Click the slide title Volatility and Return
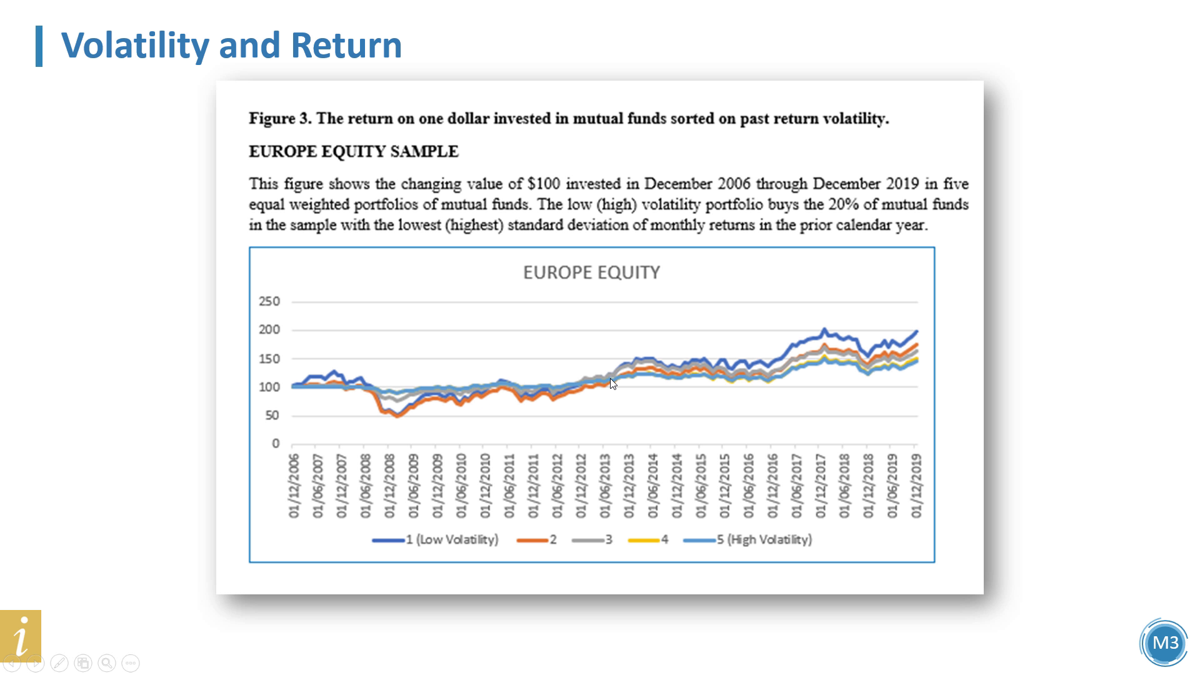coord(231,45)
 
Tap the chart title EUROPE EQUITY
coord(591,272)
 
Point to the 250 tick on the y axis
coord(269,301)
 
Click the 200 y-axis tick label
coord(269,329)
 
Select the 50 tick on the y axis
coord(272,415)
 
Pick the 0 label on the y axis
coord(276,443)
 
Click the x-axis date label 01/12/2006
coord(294,486)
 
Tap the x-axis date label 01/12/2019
coord(916,486)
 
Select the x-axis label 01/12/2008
coord(389,486)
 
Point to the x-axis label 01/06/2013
coord(605,486)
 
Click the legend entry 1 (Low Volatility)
coord(435,539)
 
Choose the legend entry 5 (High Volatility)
coord(747,539)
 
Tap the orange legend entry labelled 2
coord(537,539)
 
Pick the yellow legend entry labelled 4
coord(648,539)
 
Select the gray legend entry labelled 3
coord(592,539)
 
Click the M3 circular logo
coord(1164,642)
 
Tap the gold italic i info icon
coord(21,635)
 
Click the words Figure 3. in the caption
coord(280,119)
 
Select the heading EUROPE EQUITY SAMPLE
coord(354,152)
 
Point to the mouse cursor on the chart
coord(613,384)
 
